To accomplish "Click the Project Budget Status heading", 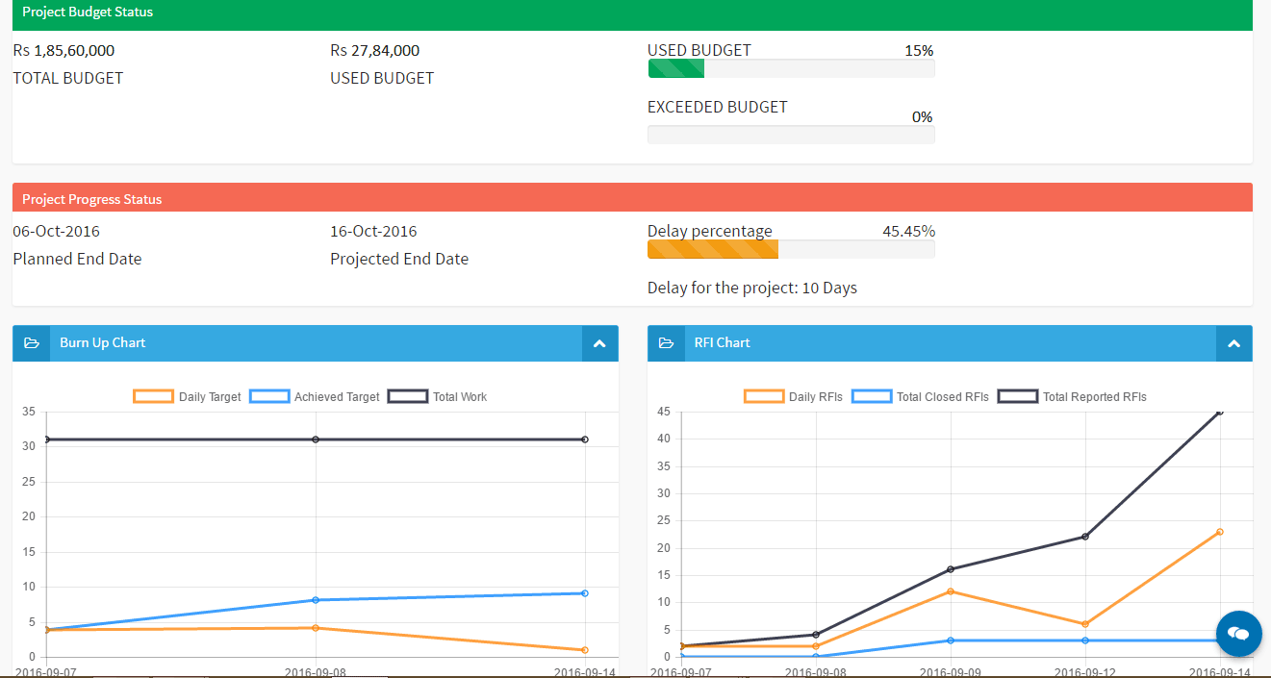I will pyautogui.click(x=88, y=13).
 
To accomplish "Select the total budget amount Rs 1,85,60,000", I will pyautogui.click(x=64, y=51).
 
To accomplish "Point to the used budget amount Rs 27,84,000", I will pyautogui.click(x=374, y=51).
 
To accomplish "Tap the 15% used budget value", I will pyautogui.click(x=919, y=51).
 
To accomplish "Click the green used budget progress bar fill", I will pyautogui.click(x=676, y=69).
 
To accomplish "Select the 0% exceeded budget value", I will pyautogui.click(x=922, y=117).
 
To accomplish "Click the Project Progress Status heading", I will pyautogui.click(x=91, y=200).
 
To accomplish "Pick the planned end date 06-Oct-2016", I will pyautogui.click(x=56, y=232).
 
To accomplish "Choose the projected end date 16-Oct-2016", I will pyautogui.click(x=373, y=232).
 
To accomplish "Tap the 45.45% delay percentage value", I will pyautogui.click(x=908, y=232).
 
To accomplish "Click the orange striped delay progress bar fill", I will pyautogui.click(x=713, y=250).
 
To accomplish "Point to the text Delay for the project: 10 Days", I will pyautogui.click(x=751, y=289).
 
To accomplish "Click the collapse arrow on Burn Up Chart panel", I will pyautogui.click(x=599, y=343).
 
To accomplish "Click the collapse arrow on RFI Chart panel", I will pyautogui.click(x=1234, y=343).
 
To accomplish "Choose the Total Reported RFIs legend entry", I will pyautogui.click(x=1072, y=397).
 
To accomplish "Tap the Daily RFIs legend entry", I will pyautogui.click(x=793, y=397).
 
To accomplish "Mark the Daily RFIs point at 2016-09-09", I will pyautogui.click(x=951, y=591).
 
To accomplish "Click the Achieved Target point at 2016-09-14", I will pyautogui.click(x=585, y=593).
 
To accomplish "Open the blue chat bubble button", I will pyautogui.click(x=1239, y=633).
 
